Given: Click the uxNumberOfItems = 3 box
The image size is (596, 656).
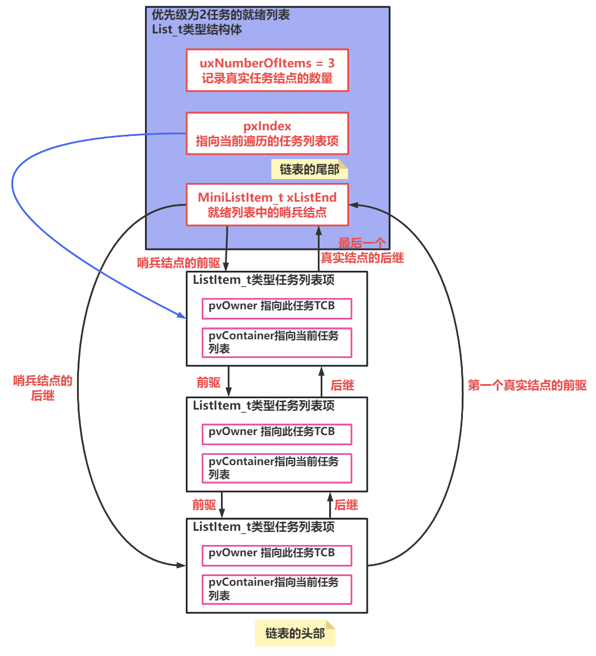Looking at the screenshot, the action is click(x=267, y=70).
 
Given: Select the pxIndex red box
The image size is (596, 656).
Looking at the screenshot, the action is click(x=267, y=134).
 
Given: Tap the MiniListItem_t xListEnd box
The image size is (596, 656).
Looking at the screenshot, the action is click(x=267, y=205).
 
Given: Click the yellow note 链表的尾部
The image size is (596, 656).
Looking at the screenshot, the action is click(x=309, y=169).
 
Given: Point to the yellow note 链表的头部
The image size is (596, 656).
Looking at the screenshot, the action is click(x=295, y=633).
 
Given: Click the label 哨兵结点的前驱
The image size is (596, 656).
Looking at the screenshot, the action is click(x=178, y=263).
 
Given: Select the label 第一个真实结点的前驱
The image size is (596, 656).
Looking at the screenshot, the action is click(x=527, y=385).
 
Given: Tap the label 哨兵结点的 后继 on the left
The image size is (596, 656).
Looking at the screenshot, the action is click(x=42, y=388).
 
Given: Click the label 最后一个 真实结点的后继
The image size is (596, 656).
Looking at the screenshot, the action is click(x=362, y=250).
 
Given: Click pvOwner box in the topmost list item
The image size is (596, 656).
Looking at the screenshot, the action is click(x=276, y=308).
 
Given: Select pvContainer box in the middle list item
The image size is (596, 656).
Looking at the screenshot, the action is click(x=276, y=468).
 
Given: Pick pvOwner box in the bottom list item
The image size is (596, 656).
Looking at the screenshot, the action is click(x=276, y=555).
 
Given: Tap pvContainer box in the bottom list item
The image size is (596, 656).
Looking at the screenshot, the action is click(x=276, y=589).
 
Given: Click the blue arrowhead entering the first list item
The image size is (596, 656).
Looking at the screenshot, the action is click(x=182, y=315).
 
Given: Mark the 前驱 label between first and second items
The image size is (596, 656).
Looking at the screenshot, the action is click(x=208, y=382).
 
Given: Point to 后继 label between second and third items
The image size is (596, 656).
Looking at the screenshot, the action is click(x=346, y=505).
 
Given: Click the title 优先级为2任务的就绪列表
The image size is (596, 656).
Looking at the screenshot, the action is click(x=220, y=15).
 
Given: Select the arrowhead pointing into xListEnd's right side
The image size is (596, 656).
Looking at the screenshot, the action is click(x=354, y=205).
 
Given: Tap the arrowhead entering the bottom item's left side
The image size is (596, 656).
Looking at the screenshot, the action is click(x=181, y=565).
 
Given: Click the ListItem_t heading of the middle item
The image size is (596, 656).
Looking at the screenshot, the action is click(x=263, y=406).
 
